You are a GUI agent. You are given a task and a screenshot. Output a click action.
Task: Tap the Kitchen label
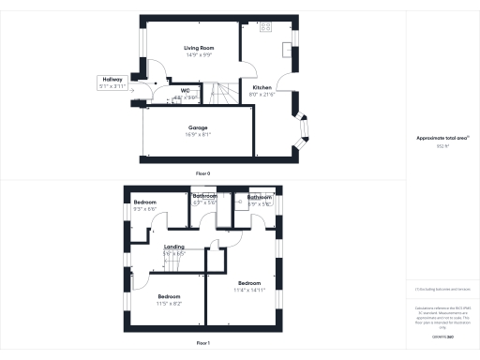pyautogui.click(x=262, y=87)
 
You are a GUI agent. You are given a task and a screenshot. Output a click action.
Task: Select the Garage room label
pyautogui.click(x=198, y=127)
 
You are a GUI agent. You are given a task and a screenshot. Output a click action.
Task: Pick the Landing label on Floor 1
pyautogui.click(x=174, y=247)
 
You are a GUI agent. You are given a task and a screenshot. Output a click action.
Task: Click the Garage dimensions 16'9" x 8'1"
pyautogui.click(x=198, y=134)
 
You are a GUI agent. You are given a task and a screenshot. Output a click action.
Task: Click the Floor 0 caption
pyautogui.click(x=202, y=174)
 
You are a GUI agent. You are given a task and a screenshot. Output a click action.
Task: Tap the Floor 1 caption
pyautogui.click(x=202, y=344)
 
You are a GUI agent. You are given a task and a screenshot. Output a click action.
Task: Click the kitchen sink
pyautogui.click(x=288, y=49)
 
